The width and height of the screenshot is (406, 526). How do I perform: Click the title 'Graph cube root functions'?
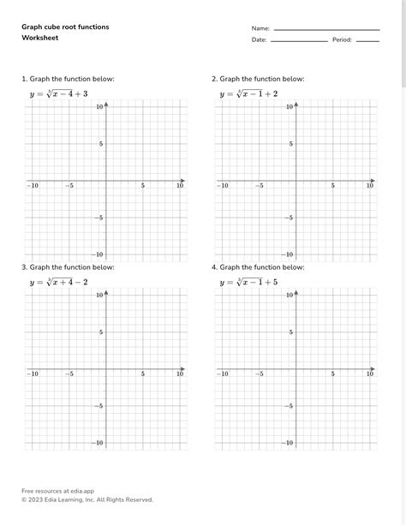pyautogui.click(x=65, y=27)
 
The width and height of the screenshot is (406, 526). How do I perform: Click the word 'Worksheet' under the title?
pyautogui.click(x=40, y=39)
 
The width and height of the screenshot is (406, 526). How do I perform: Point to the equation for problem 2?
pyautogui.click(x=248, y=93)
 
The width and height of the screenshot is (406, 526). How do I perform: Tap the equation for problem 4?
pyautogui.click(x=248, y=282)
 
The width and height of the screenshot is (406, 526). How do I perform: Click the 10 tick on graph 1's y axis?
pyautogui.click(x=100, y=106)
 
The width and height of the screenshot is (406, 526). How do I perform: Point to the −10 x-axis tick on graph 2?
pyautogui.click(x=223, y=185)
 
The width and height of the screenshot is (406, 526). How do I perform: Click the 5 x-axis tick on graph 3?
pyautogui.click(x=143, y=374)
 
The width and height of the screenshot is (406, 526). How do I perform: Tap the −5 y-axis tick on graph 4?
pyautogui.click(x=290, y=406)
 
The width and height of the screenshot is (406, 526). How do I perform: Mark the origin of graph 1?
pyautogui.click(x=106, y=181)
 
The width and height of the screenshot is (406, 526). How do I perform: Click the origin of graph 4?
pyautogui.click(x=296, y=369)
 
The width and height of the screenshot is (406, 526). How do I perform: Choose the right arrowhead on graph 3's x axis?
pyautogui.click(x=183, y=369)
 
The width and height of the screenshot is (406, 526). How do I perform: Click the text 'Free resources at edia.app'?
pyautogui.click(x=57, y=490)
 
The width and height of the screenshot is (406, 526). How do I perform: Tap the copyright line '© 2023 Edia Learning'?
pyautogui.click(x=87, y=499)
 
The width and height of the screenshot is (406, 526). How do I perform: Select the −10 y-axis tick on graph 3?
pyautogui.click(x=99, y=443)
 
